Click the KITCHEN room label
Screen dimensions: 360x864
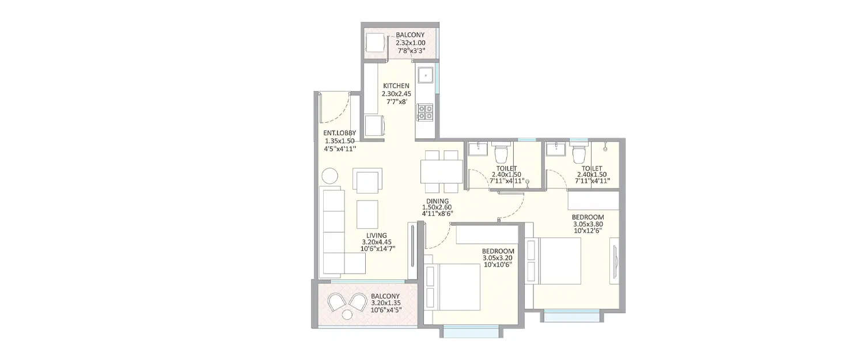pos(396,86)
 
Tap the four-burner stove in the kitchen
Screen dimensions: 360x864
pos(425,112)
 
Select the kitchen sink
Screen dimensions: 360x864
pos(425,75)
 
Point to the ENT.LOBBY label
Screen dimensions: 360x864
pos(340,133)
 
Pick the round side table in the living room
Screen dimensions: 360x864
pos(331,176)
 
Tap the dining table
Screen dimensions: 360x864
pos(442,172)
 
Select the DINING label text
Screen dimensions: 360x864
pos(438,202)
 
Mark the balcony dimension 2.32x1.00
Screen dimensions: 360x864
pos(410,43)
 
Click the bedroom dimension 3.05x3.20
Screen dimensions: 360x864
pos(498,259)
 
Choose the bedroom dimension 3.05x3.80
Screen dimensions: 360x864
pos(587,225)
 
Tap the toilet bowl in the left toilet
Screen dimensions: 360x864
pos(501,153)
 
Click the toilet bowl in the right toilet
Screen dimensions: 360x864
pos(579,153)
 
